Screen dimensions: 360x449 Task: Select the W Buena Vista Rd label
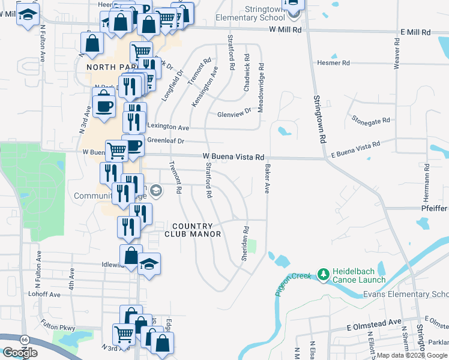click(x=234, y=157)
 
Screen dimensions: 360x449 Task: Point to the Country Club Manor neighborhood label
click(x=193, y=229)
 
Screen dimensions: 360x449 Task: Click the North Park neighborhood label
click(x=107, y=67)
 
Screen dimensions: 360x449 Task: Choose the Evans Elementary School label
click(x=406, y=295)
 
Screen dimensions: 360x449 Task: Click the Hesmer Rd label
click(x=333, y=62)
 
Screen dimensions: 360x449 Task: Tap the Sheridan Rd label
click(x=246, y=242)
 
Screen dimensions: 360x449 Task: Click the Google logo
click(x=20, y=353)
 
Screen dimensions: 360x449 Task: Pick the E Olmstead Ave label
click(x=373, y=322)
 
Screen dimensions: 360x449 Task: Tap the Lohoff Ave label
click(x=44, y=295)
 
